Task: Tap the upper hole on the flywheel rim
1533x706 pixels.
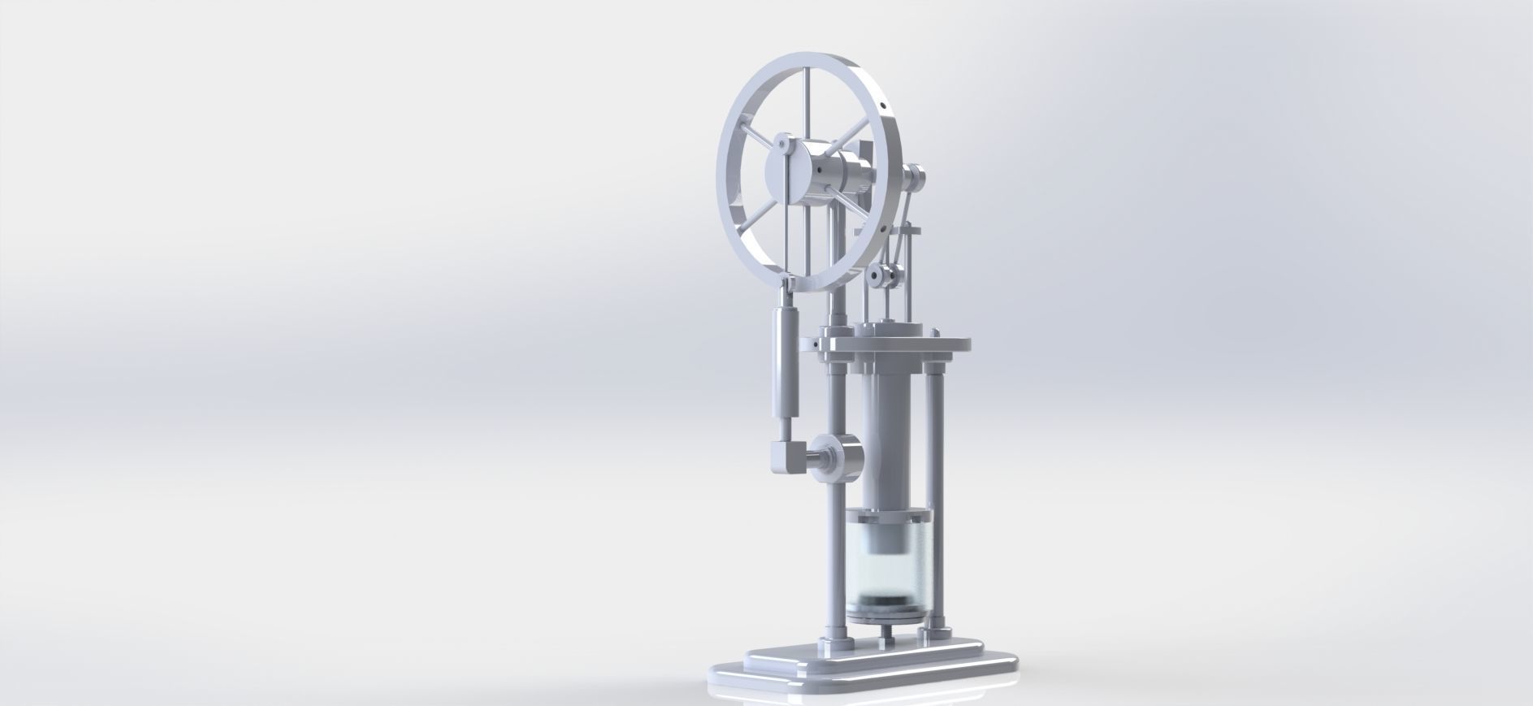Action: pyautogui.click(x=882, y=106)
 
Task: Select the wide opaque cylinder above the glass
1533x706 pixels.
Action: pyautogui.click(x=886, y=439)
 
